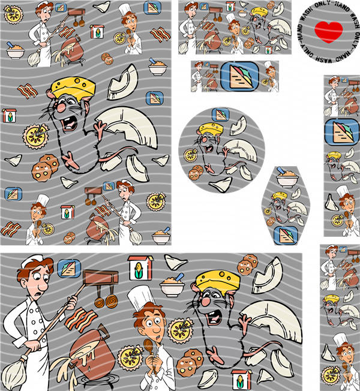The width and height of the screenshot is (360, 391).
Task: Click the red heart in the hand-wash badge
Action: [x=328, y=32]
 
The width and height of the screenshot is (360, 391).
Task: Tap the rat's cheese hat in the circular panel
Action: [x=211, y=129]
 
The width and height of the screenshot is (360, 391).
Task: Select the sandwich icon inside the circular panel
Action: [x=221, y=115]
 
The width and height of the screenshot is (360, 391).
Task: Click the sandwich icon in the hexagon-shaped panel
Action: [x=286, y=235]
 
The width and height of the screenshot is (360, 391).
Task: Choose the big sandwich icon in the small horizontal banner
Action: [x=240, y=76]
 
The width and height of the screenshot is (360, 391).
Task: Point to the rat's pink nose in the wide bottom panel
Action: [x=206, y=302]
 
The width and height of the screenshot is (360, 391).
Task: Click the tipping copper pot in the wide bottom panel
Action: [x=91, y=350]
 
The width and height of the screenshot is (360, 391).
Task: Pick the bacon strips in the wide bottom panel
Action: [x=81, y=320]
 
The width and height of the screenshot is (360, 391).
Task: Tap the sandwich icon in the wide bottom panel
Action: [x=69, y=268]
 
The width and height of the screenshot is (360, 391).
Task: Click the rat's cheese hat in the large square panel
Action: [x=73, y=88]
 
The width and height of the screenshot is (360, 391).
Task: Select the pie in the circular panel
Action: [x=190, y=155]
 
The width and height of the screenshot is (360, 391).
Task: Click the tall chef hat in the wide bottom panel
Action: [x=141, y=298]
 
